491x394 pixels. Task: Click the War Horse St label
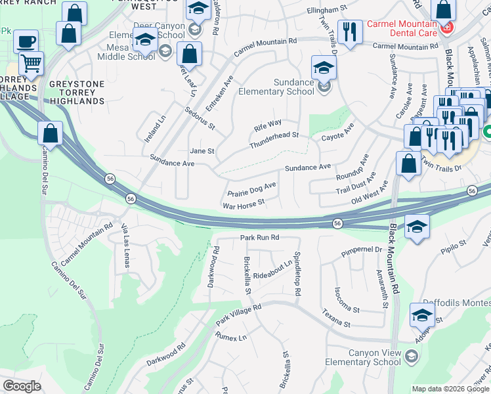click(244, 205)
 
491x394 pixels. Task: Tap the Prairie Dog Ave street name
click(251, 190)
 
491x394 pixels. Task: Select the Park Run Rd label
click(259, 237)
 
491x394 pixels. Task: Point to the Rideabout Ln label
click(272, 269)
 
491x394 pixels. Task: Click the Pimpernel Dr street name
click(361, 250)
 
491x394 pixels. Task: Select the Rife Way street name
click(268, 123)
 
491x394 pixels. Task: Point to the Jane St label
click(202, 151)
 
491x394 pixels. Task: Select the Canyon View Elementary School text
click(374, 358)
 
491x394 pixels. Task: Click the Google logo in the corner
click(22, 386)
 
